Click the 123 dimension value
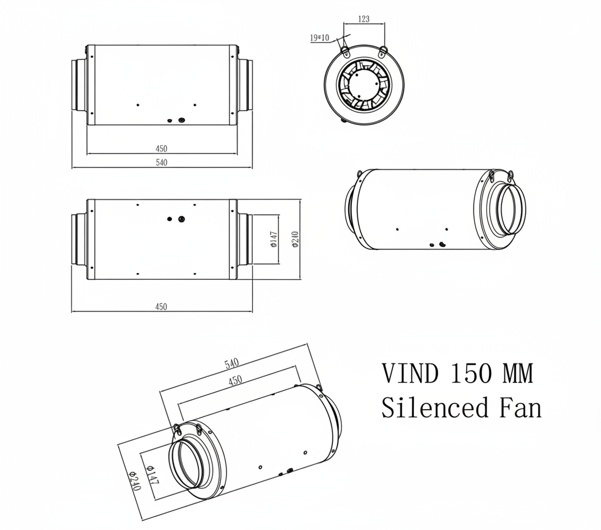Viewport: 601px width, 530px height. (363, 19)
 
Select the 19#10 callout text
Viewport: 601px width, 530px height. (320, 38)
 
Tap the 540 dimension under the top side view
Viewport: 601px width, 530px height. (161, 162)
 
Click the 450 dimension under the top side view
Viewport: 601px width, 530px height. (161, 149)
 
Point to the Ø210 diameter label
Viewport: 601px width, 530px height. (296, 240)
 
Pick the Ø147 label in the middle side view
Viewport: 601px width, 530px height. (274, 240)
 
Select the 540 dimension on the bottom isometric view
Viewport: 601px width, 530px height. (231, 363)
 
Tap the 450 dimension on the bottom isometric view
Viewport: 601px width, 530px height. (235, 380)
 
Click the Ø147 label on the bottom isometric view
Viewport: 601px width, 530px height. (152, 475)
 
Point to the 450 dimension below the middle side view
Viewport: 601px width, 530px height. (161, 307)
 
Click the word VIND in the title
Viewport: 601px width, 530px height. (410, 374)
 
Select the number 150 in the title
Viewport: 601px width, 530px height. (470, 374)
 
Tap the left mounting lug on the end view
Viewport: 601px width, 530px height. (345, 51)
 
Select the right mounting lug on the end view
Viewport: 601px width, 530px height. (383, 51)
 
